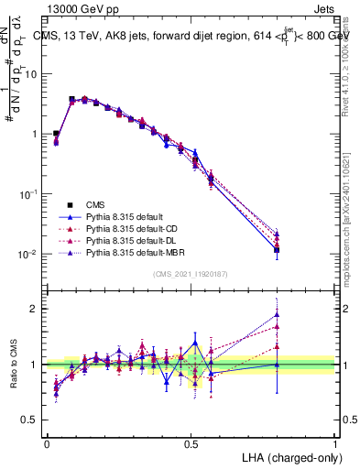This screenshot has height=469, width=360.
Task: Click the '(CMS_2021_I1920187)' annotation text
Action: pyautogui.click(x=191, y=274)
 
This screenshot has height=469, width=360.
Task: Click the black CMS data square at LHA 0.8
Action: pyautogui.click(x=277, y=249)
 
